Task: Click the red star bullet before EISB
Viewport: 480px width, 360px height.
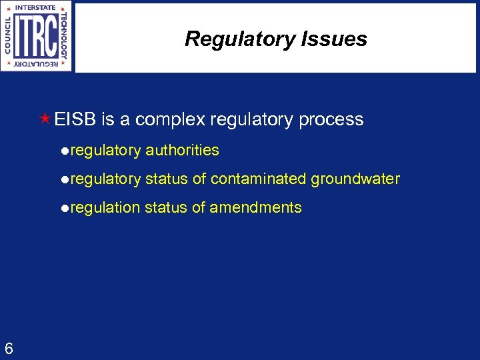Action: (45, 119)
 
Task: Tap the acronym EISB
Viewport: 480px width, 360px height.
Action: (76, 120)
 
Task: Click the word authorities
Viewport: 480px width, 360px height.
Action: (182, 151)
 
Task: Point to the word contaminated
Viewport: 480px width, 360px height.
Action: (259, 179)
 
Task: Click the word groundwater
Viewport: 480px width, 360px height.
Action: (355, 179)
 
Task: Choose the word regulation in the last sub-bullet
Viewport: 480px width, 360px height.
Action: (105, 208)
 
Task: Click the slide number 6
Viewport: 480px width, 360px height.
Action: (9, 348)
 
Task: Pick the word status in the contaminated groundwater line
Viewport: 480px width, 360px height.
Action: (166, 179)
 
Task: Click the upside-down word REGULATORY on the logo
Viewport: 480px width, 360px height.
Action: (36, 65)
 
